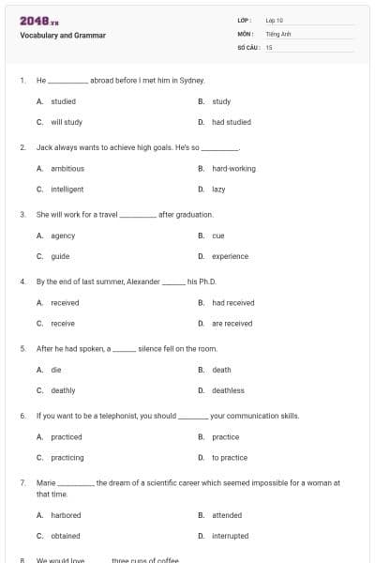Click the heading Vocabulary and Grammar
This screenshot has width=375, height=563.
coord(63,36)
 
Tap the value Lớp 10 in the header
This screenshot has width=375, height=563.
coord(275,20)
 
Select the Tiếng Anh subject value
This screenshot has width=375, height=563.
coord(277,33)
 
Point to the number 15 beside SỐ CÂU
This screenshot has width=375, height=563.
coord(269,46)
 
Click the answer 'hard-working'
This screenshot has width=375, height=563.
coord(233,169)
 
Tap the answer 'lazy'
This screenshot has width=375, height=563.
coord(218,190)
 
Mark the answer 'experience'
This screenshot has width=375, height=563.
coord(230,256)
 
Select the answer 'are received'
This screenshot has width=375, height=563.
coord(232,324)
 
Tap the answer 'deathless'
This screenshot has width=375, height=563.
coord(228,390)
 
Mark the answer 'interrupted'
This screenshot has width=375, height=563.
coord(231,536)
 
